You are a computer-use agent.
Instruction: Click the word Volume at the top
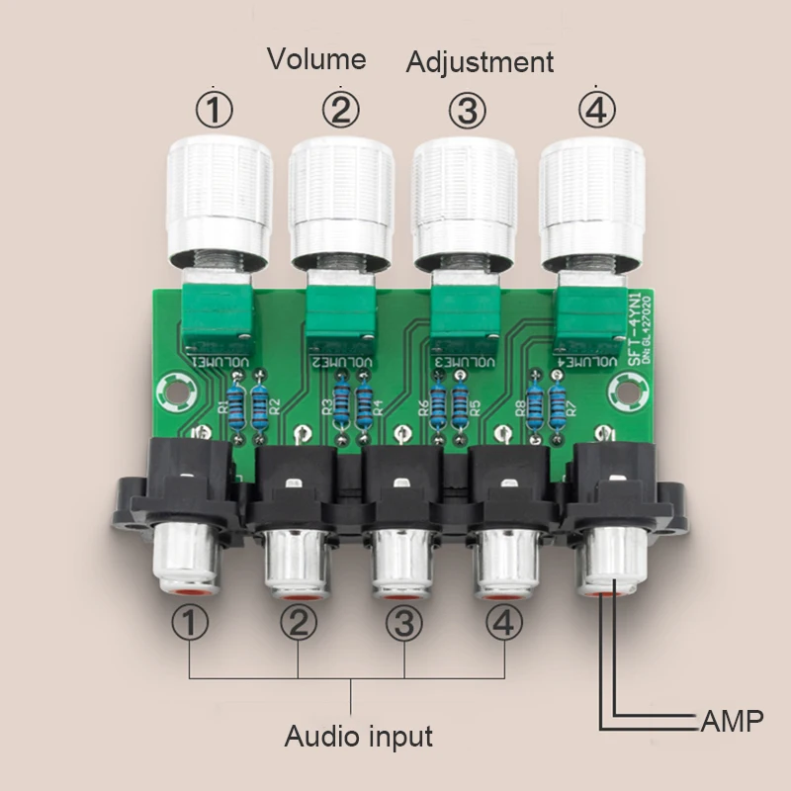(x=316, y=59)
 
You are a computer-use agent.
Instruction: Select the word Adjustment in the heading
(x=481, y=63)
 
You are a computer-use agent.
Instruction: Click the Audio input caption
(x=359, y=736)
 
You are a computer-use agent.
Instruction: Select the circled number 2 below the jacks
(x=299, y=624)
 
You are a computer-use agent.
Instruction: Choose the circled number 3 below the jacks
(x=403, y=624)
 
